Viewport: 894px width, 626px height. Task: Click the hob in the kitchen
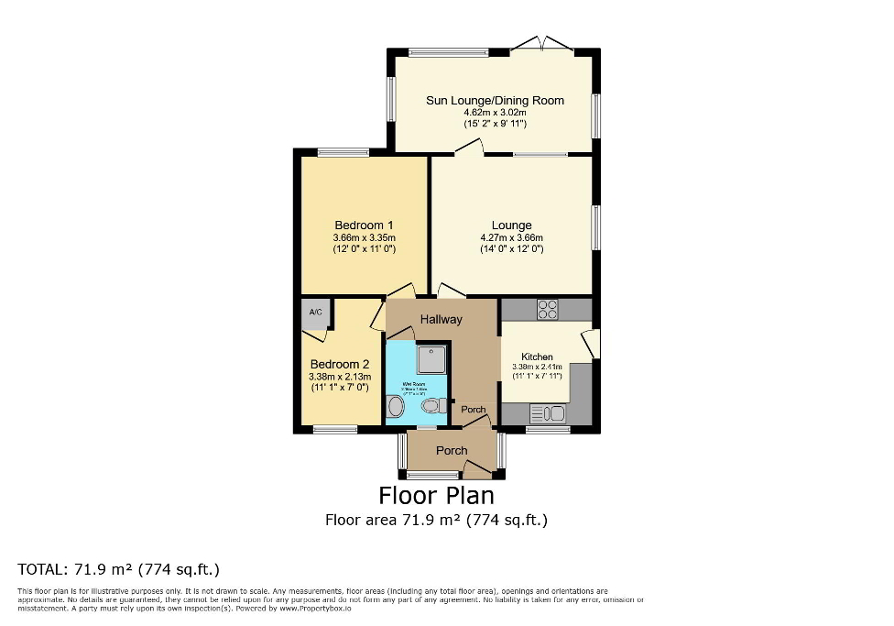(548, 310)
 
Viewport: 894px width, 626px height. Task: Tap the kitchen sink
(546, 413)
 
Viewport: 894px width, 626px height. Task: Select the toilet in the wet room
(430, 405)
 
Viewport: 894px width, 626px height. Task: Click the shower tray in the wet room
(431, 358)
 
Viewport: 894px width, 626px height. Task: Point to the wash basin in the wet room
(395, 407)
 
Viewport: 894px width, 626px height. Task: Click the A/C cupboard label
(316, 313)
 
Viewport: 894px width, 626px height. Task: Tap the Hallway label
(441, 319)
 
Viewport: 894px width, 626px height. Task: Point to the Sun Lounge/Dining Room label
(495, 100)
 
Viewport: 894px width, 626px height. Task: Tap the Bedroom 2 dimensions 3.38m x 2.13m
(338, 375)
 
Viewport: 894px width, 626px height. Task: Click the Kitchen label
(537, 357)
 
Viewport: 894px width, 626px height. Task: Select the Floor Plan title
(436, 495)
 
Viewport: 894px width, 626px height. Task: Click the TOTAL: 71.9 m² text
(119, 568)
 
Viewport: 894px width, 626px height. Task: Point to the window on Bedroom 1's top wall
(343, 152)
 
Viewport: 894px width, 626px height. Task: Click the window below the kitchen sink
(548, 429)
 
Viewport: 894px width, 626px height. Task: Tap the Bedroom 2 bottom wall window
(335, 429)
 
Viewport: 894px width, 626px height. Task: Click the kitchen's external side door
(593, 344)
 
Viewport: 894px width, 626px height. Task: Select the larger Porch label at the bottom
(452, 450)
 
